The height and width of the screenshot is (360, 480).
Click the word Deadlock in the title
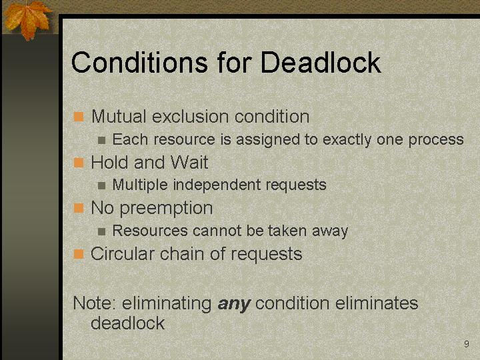point(321,63)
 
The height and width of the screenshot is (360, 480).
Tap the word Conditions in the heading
point(139,63)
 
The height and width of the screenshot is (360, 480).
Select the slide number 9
point(466,344)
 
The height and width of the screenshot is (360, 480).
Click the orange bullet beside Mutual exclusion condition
point(79,117)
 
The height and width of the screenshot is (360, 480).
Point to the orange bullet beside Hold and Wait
point(79,163)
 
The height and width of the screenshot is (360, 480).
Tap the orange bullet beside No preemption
point(79,208)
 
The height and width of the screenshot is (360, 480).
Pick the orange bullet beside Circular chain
point(79,254)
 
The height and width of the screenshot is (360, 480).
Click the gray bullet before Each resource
point(101,141)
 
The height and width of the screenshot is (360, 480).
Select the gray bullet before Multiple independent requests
point(101,186)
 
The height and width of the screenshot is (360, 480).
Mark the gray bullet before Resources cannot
point(101,232)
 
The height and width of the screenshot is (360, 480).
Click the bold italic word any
point(234,304)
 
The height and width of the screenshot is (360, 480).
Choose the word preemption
point(166,209)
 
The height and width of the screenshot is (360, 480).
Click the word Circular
point(123,254)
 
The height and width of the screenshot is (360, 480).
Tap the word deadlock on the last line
point(127,323)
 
